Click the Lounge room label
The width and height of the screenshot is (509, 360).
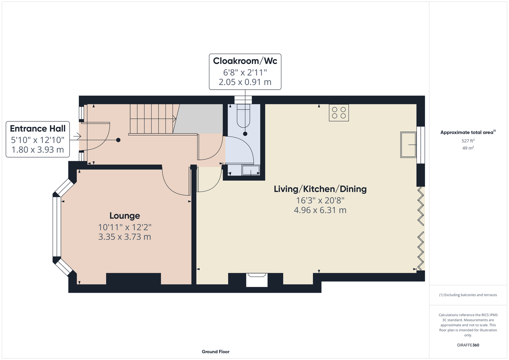point(125,216)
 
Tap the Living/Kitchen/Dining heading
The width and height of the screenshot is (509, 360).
point(320,189)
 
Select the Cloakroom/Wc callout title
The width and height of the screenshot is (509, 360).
point(245,61)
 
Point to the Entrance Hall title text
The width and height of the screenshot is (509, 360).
point(38,129)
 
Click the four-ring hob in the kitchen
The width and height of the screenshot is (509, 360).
point(339,113)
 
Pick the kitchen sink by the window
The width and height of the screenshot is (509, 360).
point(408,145)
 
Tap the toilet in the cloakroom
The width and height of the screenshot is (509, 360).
point(244,116)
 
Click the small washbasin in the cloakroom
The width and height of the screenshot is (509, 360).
point(251,170)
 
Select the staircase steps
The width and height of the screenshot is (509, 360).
point(153,119)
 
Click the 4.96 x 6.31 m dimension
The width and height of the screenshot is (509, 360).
point(320,210)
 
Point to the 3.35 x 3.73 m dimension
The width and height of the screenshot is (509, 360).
point(125,237)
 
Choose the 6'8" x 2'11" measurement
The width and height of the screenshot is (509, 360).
point(245,72)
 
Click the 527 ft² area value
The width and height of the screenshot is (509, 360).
point(468,141)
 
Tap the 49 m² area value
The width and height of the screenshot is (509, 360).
point(468,148)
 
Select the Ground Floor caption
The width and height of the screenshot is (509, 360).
point(215,352)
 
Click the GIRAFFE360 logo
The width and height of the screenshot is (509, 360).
point(468,345)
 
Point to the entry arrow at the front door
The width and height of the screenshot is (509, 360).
point(77,136)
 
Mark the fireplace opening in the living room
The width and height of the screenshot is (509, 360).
point(257,280)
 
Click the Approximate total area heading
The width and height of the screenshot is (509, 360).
point(468,132)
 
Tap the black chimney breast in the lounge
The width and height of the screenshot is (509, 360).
point(134,279)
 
